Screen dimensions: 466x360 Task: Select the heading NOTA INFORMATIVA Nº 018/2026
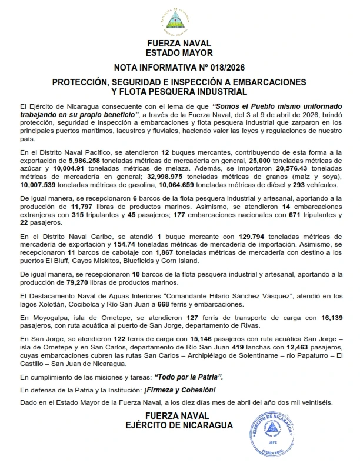tap(179, 67)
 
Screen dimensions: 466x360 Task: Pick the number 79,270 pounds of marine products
tap(81, 281)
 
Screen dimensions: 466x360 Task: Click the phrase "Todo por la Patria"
tap(188, 376)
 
